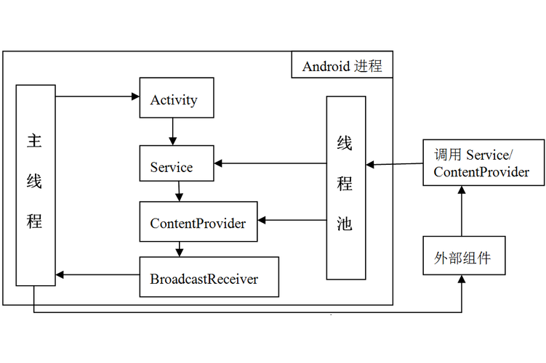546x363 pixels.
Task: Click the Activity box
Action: click(177, 99)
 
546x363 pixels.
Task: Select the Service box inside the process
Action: click(177, 167)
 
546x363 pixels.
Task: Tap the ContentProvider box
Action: click(198, 223)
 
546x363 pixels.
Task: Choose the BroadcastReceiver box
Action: click(209, 278)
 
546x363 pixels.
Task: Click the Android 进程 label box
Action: click(342, 66)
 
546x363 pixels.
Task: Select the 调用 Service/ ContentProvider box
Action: click(483, 163)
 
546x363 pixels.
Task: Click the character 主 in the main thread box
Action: click(34, 141)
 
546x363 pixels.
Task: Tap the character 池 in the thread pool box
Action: click(345, 224)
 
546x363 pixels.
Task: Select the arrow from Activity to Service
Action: click(172, 131)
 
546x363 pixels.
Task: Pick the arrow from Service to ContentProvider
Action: click(178, 192)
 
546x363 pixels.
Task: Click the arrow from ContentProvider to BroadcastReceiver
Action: click(178, 249)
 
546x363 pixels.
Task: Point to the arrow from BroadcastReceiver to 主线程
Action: click(97, 274)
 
